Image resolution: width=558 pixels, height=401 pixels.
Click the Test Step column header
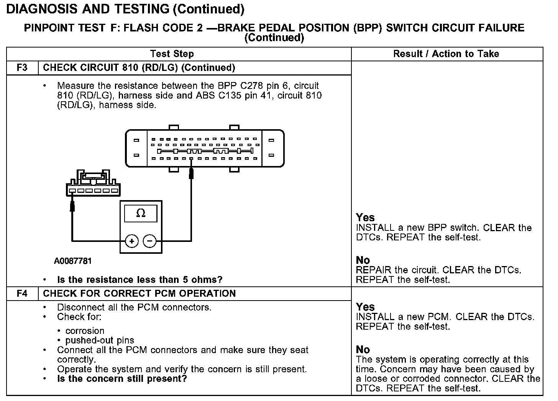(172, 54)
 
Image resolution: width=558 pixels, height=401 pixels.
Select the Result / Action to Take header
(446, 54)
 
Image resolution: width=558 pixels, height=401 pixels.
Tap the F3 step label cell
(23, 68)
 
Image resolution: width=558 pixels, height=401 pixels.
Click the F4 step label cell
(23, 294)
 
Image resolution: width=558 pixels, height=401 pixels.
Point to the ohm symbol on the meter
(141, 213)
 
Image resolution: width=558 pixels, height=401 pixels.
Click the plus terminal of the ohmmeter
(132, 241)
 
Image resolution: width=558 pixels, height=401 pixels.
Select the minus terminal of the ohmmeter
(149, 241)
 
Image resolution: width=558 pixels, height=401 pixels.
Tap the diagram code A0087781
(73, 261)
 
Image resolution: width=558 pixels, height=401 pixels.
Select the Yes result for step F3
(365, 217)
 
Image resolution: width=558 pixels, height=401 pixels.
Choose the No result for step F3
(363, 260)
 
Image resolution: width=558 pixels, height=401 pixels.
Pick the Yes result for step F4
(365, 307)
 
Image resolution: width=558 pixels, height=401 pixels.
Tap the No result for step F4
(363, 350)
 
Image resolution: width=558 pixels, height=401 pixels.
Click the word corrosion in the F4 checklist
(85, 331)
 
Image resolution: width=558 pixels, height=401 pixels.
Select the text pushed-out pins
(100, 340)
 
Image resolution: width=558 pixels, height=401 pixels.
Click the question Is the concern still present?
(122, 379)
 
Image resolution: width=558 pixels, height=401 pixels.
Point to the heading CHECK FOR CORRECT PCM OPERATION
(139, 294)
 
